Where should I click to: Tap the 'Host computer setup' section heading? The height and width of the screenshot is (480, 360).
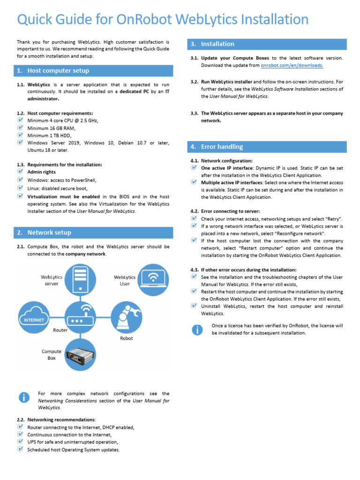coord(58,71)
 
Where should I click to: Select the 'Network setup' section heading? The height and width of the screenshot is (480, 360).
coord(49,232)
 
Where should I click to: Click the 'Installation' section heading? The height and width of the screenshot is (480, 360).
coord(217,44)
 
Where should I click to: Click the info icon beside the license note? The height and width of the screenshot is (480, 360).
coord(197,330)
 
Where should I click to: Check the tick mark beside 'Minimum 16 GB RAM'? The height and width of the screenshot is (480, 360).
coord(20,128)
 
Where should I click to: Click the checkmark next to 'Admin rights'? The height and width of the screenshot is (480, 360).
coord(20,172)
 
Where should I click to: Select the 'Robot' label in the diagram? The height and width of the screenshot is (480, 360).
coord(126,338)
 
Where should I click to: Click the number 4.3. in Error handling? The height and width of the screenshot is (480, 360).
coord(195,270)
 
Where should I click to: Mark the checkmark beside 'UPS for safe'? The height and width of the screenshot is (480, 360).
coord(20,442)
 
